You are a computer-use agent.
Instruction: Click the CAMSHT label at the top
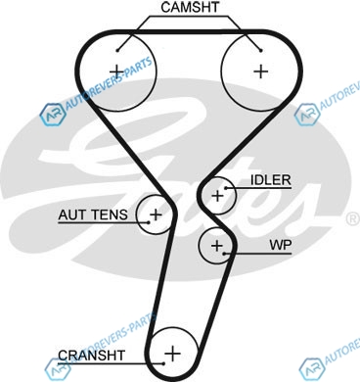tap(190, 8)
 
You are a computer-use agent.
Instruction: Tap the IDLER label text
tap(270, 180)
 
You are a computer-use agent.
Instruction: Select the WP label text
tap(281, 245)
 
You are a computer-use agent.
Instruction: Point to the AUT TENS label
tap(93, 215)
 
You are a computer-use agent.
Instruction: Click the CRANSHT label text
tap(91, 356)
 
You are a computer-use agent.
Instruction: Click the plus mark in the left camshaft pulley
tap(116, 72)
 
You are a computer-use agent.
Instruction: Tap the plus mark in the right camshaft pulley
tap(261, 72)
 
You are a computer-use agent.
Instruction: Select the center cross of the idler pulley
tap(217, 196)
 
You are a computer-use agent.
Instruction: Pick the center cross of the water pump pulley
tap(217, 245)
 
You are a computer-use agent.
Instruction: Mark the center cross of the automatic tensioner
tap(156, 215)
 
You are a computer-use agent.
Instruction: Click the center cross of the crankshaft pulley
tap(172, 354)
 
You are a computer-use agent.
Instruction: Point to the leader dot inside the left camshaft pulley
tap(117, 50)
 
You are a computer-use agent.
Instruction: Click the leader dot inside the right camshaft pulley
tap(260, 50)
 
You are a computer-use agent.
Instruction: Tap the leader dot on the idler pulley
tap(225, 188)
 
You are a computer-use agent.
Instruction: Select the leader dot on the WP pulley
tap(224, 254)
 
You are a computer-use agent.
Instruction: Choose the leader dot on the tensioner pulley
tap(149, 222)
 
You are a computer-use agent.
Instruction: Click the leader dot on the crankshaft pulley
tap(163, 363)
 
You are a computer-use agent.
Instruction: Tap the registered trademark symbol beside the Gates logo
tap(352, 219)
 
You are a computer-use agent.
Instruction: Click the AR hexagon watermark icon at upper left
tap(52, 115)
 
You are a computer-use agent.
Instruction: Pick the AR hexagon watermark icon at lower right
tap(312, 369)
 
